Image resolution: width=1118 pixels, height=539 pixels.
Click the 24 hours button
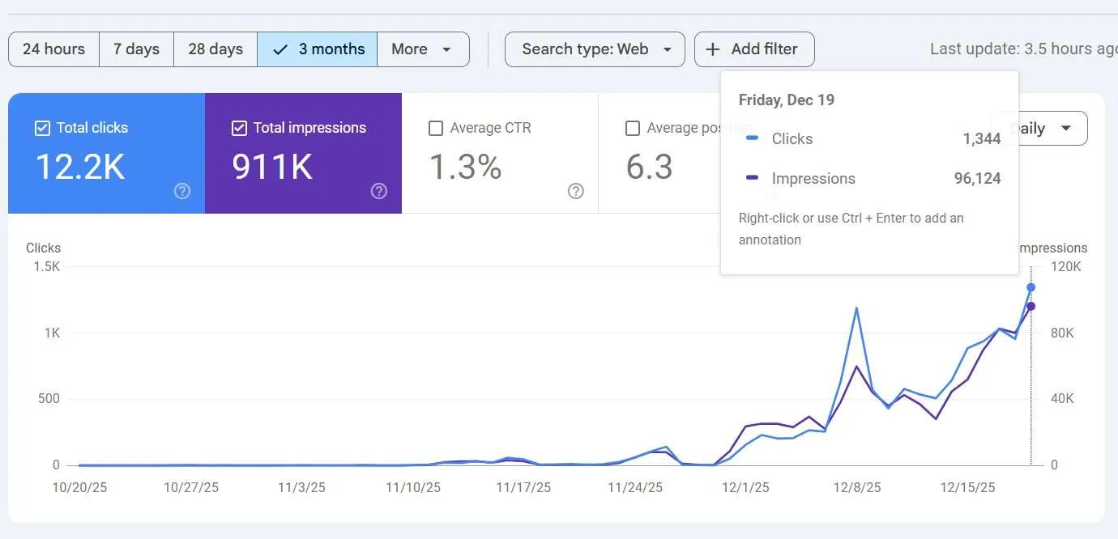(x=53, y=49)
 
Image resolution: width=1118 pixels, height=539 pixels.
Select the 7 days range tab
(x=136, y=49)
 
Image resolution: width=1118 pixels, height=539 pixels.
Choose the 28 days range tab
(x=215, y=49)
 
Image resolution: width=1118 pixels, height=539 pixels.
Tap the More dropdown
(x=422, y=49)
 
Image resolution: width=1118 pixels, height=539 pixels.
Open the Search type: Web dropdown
(x=595, y=49)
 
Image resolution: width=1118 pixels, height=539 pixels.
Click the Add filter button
(x=754, y=49)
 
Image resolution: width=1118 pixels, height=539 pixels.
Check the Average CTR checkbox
(x=436, y=128)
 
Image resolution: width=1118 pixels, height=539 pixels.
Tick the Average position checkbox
(x=633, y=128)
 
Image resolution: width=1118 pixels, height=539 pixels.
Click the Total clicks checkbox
(x=42, y=128)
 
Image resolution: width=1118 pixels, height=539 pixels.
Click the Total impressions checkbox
(x=239, y=128)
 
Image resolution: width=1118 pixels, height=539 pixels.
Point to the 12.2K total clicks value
(x=79, y=167)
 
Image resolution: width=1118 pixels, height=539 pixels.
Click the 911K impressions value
(x=272, y=167)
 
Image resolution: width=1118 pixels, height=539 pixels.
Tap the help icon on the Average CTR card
(x=576, y=191)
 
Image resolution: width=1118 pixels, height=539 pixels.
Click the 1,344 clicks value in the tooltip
(x=982, y=139)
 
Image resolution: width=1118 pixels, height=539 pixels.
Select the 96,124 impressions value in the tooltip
(x=977, y=179)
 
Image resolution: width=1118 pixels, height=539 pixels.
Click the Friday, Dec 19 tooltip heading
(x=786, y=100)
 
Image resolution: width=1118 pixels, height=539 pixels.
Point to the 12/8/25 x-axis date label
(x=856, y=488)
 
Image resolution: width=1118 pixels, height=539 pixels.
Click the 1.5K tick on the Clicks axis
(x=45, y=267)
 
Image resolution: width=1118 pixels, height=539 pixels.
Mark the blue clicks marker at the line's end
(x=1031, y=287)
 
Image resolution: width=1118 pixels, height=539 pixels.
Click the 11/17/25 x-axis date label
(x=523, y=488)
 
